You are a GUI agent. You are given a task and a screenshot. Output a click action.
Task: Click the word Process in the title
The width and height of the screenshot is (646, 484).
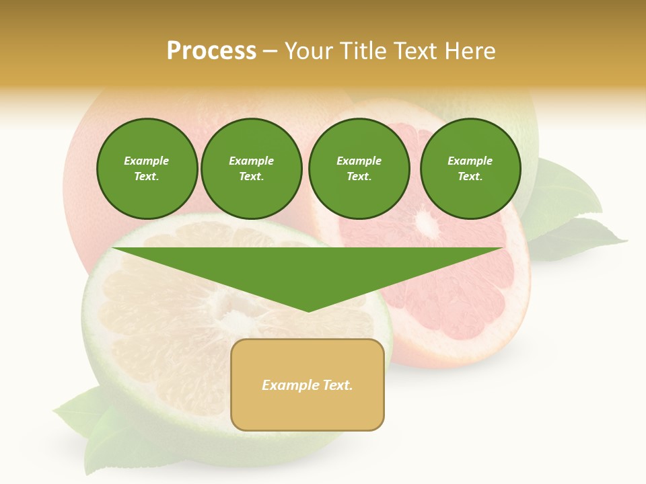click(211, 50)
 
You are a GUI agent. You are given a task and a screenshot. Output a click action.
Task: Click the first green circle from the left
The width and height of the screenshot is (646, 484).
click(147, 168)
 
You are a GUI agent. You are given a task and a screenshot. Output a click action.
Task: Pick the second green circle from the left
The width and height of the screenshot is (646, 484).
click(251, 168)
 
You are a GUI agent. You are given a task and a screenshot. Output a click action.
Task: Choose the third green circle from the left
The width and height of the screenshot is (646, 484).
click(359, 168)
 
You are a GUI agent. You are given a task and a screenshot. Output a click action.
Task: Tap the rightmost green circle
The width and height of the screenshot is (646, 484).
click(470, 168)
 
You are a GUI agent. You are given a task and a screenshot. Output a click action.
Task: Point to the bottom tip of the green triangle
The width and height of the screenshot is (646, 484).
click(308, 311)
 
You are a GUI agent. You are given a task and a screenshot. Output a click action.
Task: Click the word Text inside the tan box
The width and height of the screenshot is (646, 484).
click(337, 385)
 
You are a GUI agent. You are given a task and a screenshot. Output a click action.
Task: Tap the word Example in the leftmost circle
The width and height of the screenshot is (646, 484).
click(147, 161)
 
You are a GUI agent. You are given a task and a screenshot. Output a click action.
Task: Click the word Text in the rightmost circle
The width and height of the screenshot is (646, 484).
click(470, 176)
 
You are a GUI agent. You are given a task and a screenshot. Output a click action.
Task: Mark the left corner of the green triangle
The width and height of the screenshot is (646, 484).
click(114, 249)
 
